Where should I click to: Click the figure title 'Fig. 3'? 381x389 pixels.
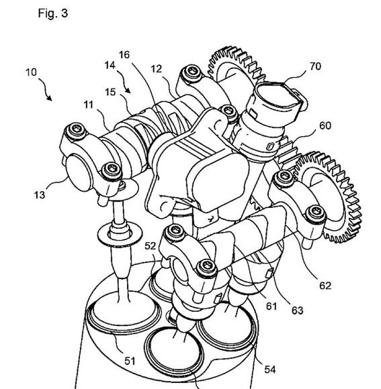[x=52, y=13]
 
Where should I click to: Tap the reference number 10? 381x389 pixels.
[x=31, y=72]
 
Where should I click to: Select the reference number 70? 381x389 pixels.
[x=315, y=66]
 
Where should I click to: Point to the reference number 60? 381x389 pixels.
[x=325, y=126]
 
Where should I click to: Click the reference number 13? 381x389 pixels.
[x=40, y=195]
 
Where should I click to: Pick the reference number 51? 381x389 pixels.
[x=130, y=361]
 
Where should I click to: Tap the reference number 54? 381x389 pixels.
[x=269, y=370]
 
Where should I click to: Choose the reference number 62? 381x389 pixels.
[x=325, y=286]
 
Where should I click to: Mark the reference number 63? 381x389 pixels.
[x=298, y=311]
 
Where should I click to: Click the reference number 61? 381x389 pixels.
[x=271, y=307]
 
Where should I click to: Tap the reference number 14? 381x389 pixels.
[x=110, y=65]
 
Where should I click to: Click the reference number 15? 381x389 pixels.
[x=110, y=92]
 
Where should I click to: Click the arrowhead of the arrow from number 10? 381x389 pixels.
[x=50, y=99]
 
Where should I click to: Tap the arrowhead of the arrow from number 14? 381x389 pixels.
[x=128, y=91]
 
